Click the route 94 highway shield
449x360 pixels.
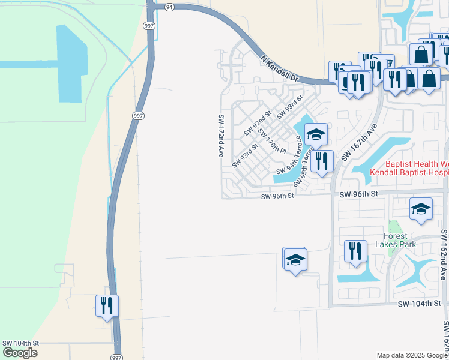click(x=170, y=7)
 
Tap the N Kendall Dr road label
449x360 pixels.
click(x=280, y=68)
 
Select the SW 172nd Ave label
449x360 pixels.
click(x=221, y=136)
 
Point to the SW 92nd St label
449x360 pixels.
click(x=258, y=122)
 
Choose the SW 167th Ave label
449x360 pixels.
click(x=359, y=142)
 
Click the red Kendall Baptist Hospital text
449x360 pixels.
click(x=409, y=172)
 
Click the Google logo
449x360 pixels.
click(x=20, y=353)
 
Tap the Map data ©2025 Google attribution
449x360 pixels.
click(x=412, y=355)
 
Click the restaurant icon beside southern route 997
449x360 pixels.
click(x=107, y=305)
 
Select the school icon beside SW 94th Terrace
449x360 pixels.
click(x=316, y=134)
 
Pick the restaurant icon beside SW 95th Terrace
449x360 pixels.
click(x=322, y=160)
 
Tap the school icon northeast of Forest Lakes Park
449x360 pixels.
click(x=421, y=209)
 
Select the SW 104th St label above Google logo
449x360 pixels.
click(x=20, y=343)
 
